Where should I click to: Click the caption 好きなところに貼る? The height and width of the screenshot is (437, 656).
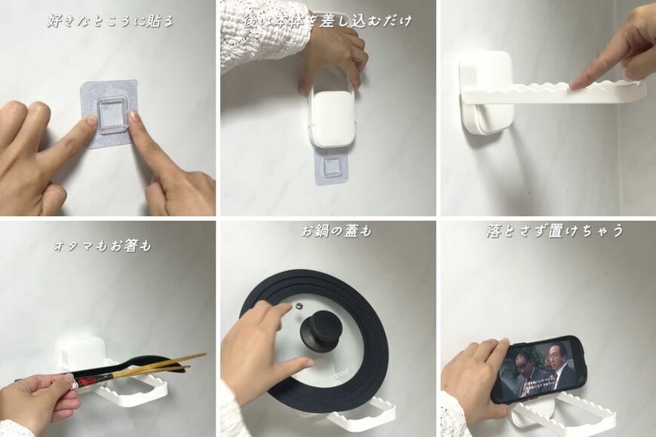[109, 20]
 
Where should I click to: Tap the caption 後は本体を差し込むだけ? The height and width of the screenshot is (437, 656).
[327, 20]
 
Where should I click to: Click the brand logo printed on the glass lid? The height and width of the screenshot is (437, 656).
[338, 371]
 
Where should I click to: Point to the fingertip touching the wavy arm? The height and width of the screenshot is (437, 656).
[575, 86]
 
